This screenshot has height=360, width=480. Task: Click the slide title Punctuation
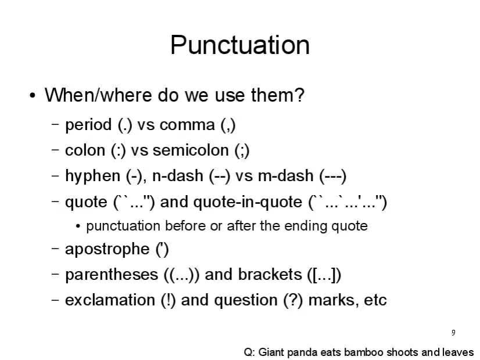tap(240, 45)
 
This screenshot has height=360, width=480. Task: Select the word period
tap(88, 125)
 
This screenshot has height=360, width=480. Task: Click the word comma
tap(187, 125)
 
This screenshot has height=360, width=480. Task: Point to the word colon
tap(85, 150)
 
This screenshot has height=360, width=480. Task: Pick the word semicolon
tap(191, 150)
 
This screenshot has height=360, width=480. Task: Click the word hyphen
tap(92, 177)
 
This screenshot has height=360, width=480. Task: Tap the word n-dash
tap(178, 176)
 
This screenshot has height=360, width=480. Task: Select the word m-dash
tap(285, 176)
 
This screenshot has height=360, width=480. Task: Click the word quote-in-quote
tap(248, 203)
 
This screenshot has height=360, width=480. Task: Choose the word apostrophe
tap(107, 250)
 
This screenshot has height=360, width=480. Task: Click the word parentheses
tap(112, 275)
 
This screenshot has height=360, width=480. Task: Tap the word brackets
tap(270, 275)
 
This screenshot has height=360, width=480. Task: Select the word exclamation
tap(110, 300)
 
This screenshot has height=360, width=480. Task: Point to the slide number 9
tap(453, 333)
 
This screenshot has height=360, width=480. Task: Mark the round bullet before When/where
tap(33, 96)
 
